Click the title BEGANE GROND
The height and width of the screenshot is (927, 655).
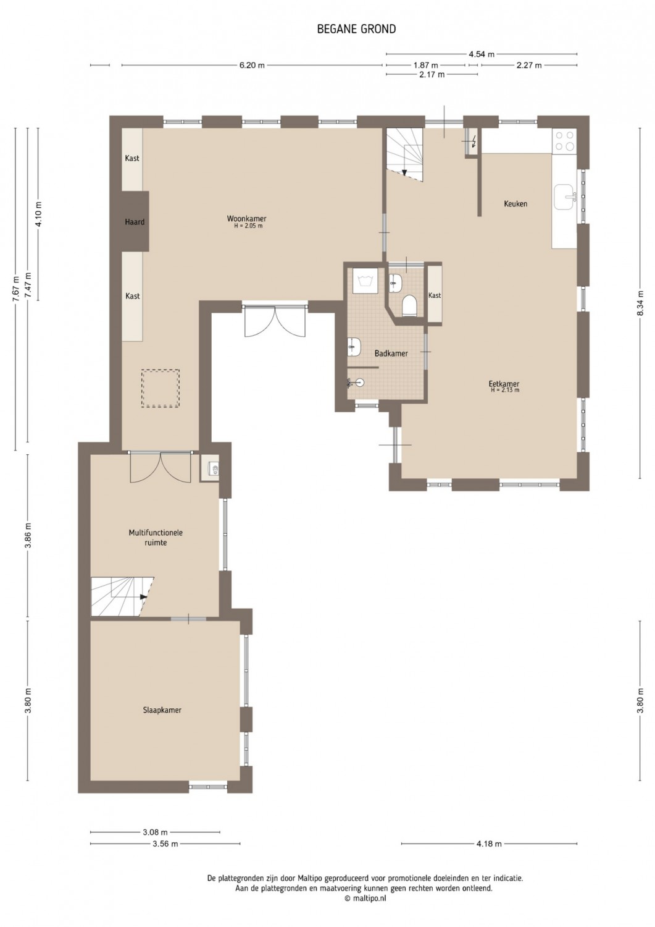(x=356, y=29)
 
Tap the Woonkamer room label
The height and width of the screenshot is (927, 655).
(x=246, y=219)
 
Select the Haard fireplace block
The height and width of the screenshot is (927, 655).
(x=135, y=221)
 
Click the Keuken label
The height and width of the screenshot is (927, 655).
(x=515, y=203)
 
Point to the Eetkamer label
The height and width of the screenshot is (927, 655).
(x=504, y=384)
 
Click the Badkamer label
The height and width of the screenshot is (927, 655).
(x=391, y=353)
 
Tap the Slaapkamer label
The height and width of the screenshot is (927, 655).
(x=162, y=710)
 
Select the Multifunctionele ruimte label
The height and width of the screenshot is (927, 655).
(x=156, y=538)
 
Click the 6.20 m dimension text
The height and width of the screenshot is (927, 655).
(x=252, y=66)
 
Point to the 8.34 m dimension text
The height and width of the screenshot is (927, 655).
(x=641, y=303)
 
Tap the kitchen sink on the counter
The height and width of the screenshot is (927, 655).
(x=565, y=198)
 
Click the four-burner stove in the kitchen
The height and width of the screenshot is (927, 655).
(x=565, y=141)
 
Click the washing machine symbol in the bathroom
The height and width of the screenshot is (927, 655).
(x=365, y=281)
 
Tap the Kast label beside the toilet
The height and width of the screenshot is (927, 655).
(x=435, y=295)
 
